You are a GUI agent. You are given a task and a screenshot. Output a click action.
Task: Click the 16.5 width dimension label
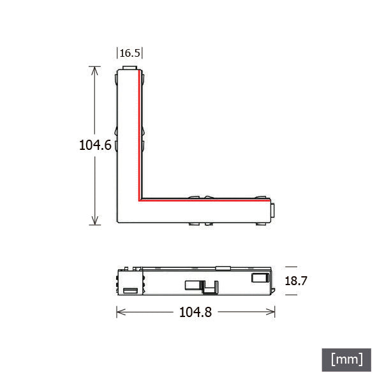point(130,53)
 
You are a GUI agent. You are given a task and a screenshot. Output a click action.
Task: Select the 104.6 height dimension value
point(95,145)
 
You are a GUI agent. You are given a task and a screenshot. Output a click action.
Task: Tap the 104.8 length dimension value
point(195,312)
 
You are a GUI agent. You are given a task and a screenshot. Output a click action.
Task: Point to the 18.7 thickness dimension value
point(296,281)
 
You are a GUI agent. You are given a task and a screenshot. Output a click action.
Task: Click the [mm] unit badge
point(346,360)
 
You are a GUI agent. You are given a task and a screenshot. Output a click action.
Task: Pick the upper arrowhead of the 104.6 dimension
point(95,70)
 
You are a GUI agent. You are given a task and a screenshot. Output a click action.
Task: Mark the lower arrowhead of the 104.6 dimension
point(95,221)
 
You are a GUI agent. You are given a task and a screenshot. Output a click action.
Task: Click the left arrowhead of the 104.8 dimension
point(121,312)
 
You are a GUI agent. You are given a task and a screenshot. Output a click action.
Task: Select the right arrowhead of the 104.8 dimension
point(270,312)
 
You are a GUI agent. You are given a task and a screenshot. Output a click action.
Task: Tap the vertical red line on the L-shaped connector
point(139,135)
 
